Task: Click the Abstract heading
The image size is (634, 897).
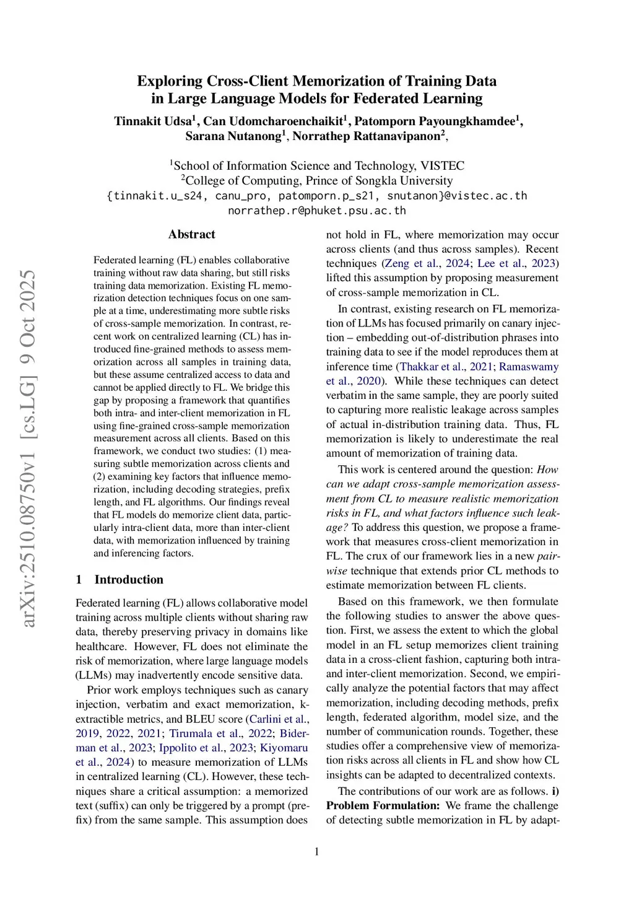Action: point(191,234)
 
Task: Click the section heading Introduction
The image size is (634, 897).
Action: point(129,579)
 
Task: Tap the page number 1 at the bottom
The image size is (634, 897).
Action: point(317,852)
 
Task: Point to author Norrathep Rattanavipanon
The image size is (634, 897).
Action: point(366,136)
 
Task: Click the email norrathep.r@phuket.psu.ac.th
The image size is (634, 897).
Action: point(317,211)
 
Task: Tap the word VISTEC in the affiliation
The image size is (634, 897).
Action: point(442,165)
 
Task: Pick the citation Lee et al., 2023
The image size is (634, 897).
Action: point(516,263)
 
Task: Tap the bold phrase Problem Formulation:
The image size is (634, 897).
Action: point(383,805)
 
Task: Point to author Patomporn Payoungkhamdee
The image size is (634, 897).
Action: point(436,121)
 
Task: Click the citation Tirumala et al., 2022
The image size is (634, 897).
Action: point(221,733)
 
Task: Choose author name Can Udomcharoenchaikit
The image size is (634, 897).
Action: point(273,121)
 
